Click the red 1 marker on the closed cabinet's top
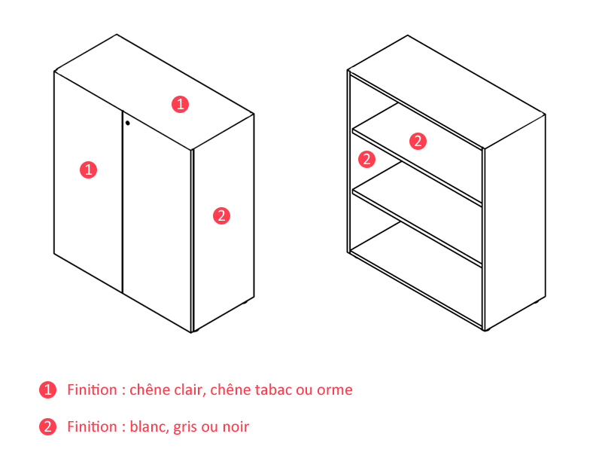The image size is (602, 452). [180, 104]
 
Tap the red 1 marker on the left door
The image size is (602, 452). [88, 169]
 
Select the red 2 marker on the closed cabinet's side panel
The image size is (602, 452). [221, 215]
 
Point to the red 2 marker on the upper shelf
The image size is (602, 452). [418, 141]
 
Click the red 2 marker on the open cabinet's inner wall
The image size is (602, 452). [366, 159]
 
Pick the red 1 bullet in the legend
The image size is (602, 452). [47, 389]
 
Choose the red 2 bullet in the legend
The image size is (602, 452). [47, 426]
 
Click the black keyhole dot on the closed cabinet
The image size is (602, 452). [127, 123]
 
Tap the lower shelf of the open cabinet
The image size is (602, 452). [418, 214]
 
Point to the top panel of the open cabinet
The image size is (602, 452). [446, 92]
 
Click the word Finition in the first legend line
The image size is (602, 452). [92, 389]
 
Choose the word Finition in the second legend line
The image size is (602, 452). [92, 426]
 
